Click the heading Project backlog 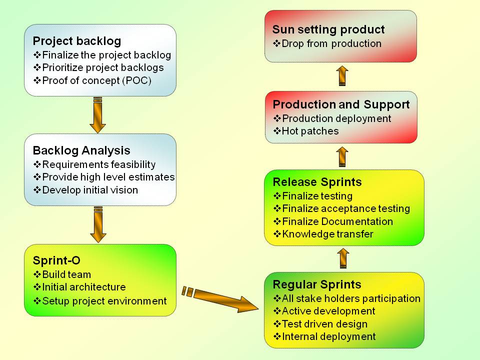77,40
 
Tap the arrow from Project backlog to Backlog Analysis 97,114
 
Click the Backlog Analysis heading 81,150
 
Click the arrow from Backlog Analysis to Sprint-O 97,224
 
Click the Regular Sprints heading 316,284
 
